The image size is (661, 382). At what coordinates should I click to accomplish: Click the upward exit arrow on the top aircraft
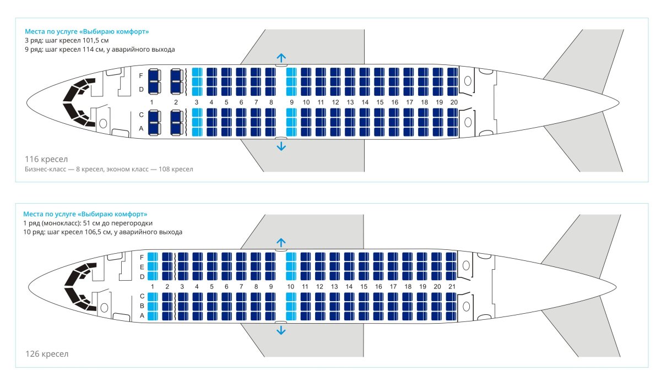[281, 58]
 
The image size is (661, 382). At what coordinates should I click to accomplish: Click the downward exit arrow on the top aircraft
[281, 146]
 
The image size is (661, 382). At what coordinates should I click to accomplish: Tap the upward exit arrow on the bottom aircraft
[281, 242]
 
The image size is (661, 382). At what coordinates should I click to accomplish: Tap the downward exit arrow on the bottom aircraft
[281, 330]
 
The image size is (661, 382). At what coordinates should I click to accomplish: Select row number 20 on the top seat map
[454, 102]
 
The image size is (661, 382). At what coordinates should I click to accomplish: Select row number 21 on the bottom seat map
[452, 287]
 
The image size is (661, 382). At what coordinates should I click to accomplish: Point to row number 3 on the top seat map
[197, 102]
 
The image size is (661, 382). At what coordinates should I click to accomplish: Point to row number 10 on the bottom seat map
[291, 287]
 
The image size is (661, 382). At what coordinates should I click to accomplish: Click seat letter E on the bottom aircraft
[142, 266]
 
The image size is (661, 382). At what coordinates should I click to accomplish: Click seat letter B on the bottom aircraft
[142, 306]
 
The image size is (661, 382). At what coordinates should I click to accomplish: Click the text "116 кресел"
[46, 159]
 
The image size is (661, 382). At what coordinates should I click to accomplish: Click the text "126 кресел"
[47, 353]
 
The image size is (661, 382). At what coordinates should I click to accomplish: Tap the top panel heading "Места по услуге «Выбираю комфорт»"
[86, 31]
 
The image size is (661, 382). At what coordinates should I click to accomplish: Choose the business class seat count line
[109, 169]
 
